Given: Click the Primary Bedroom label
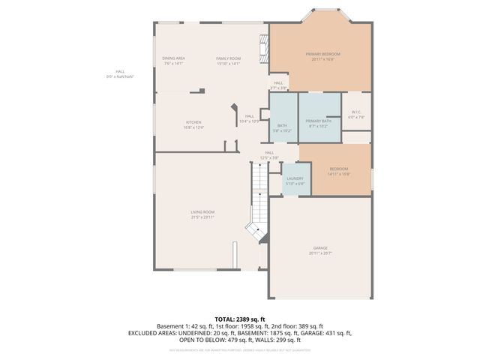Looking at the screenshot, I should click(x=322, y=54).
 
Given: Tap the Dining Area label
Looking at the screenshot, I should click(x=173, y=58).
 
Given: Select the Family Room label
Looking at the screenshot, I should click(x=228, y=58).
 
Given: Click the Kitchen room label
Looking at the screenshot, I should click(x=193, y=122).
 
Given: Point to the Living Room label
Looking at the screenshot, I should click(x=202, y=212).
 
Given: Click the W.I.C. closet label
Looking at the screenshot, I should click(x=356, y=112).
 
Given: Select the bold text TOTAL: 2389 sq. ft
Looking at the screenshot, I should click(x=239, y=319).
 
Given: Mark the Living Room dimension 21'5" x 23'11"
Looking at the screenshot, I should click(x=202, y=217).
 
